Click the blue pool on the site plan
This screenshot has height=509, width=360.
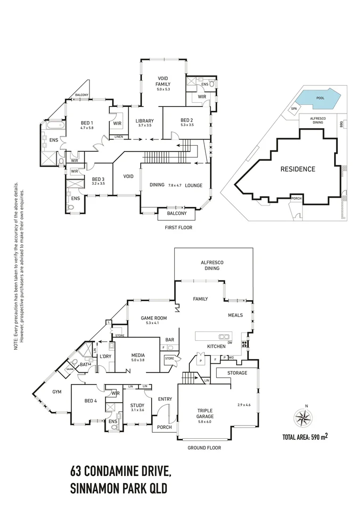click(x=320, y=99)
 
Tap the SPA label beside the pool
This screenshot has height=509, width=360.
click(x=294, y=108)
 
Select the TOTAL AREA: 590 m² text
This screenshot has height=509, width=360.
click(x=304, y=436)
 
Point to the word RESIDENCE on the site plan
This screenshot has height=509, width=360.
click(x=298, y=169)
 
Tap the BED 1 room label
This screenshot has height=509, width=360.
click(x=86, y=123)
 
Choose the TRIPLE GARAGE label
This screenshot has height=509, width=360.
click(x=205, y=413)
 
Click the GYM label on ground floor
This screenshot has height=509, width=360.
click(x=57, y=392)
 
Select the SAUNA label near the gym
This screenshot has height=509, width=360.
click(x=70, y=369)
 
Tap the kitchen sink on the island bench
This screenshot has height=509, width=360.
click(x=223, y=337)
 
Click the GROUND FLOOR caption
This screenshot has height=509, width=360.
click(x=204, y=448)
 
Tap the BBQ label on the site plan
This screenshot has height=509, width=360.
click(x=341, y=123)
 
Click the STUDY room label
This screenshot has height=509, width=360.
click(x=137, y=405)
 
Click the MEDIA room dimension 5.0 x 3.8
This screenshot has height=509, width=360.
click(x=138, y=361)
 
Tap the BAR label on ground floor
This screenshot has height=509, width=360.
click(x=169, y=339)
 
